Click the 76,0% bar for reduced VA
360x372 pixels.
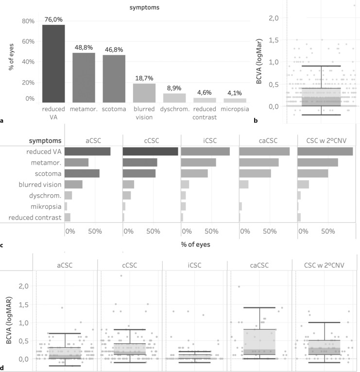[x=53, y=63]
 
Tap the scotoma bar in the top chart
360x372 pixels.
[x=114, y=78]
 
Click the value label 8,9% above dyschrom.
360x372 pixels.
[x=174, y=88]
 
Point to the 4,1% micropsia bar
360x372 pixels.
[x=235, y=100]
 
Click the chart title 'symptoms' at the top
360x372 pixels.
[x=144, y=8]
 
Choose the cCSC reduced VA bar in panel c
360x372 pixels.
[x=150, y=151]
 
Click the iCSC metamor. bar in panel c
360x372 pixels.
[x=198, y=162]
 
